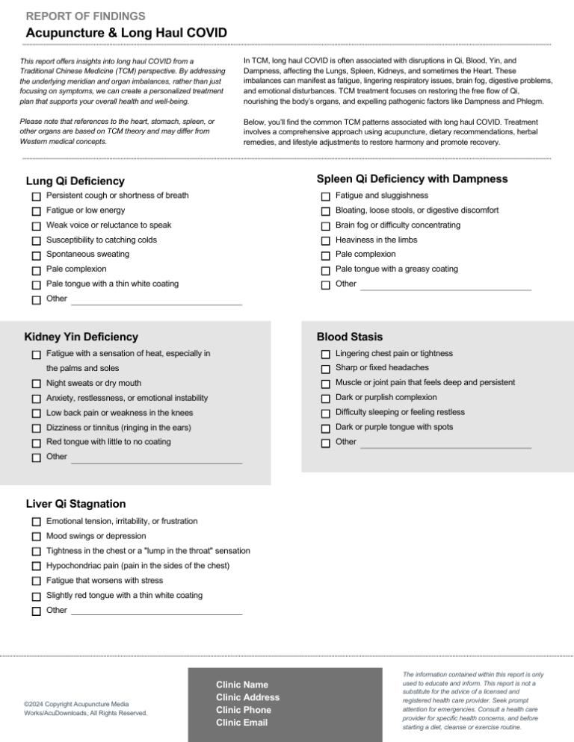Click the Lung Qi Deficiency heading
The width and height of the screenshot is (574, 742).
[x=75, y=181]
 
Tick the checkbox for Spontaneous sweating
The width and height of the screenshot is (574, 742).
[x=37, y=255]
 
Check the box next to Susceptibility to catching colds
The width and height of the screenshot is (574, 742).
[x=37, y=240]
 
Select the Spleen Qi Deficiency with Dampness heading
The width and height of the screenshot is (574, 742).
[x=412, y=179]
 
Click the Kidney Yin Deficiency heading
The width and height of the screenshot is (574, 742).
[x=81, y=337]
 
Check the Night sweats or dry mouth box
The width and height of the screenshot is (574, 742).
[x=37, y=384]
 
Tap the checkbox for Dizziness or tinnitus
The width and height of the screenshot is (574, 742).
[x=37, y=428]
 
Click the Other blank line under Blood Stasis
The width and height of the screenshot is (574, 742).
[x=445, y=446]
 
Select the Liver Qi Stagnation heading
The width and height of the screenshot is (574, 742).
[x=75, y=504]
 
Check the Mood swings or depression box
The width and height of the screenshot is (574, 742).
[x=37, y=537]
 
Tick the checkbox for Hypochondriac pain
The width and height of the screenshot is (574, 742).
[x=37, y=567]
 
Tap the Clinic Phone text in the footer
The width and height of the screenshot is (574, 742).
[x=243, y=710]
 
